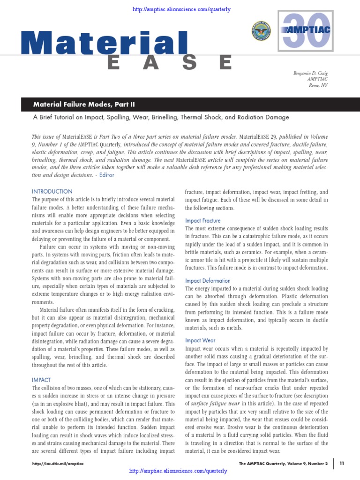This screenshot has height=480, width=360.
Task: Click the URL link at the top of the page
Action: click(x=181, y=9)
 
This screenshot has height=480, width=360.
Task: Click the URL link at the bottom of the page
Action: click(x=178, y=471)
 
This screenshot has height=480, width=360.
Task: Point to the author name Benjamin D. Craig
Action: click(x=310, y=74)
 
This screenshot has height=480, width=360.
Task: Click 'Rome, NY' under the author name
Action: click(x=318, y=85)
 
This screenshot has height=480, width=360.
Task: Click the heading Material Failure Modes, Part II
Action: click(x=84, y=104)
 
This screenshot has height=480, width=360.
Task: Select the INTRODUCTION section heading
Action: click(x=52, y=191)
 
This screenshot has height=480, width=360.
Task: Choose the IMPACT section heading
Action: click(x=41, y=380)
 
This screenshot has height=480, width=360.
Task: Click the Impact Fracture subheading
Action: click(x=202, y=220)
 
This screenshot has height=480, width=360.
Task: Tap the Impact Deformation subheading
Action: click(x=208, y=281)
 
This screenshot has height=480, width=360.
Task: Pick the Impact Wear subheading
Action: click(x=200, y=341)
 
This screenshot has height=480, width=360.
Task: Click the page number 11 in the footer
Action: click(x=342, y=463)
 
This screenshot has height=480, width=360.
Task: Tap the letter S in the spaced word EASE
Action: click(x=188, y=62)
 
